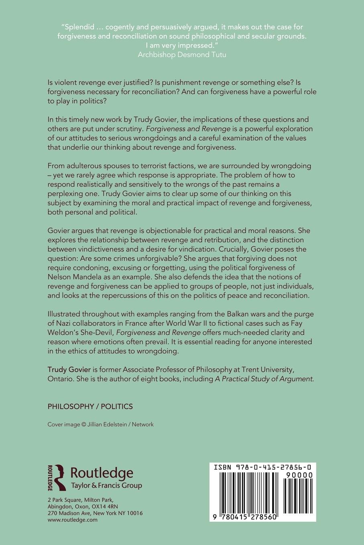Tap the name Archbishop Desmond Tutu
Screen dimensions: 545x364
182,54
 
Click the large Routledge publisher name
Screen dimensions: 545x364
102,473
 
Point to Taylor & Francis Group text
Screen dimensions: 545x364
106,486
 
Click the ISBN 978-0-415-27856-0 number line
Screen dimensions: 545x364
262,467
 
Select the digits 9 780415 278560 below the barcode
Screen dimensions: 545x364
245,517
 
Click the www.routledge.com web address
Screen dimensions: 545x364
73,520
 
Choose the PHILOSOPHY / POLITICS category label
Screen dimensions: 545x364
90,406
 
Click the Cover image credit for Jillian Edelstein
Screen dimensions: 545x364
100,424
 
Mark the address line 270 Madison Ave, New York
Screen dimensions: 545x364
95,513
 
